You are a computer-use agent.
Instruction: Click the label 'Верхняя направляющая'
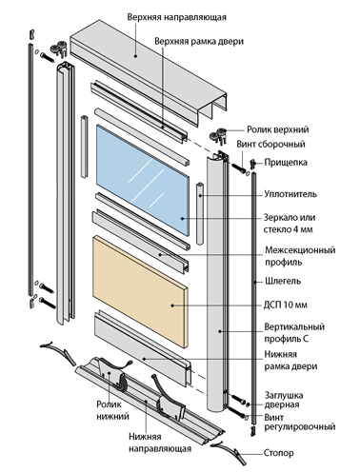(177, 17)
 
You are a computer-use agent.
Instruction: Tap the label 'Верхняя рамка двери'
(199, 42)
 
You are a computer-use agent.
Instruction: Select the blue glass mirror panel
(143, 180)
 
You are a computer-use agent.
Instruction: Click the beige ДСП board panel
(140, 292)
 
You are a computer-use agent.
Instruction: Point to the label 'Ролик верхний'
(278, 129)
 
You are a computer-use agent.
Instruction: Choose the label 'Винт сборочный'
(270, 144)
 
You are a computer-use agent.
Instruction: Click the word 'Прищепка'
(286, 163)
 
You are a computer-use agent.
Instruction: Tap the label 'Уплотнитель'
(290, 194)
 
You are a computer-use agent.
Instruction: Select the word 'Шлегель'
(283, 281)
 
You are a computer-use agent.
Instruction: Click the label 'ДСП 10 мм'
(286, 305)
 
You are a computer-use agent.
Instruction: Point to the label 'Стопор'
(279, 453)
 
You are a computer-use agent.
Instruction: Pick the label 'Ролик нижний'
(112, 410)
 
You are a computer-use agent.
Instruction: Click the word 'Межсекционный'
(300, 250)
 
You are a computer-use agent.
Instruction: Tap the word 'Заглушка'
(284, 395)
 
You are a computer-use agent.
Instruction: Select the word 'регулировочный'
(300, 426)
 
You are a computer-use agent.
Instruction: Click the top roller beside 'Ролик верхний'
(219, 135)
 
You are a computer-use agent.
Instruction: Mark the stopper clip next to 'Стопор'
(229, 453)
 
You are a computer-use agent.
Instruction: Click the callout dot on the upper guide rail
(135, 56)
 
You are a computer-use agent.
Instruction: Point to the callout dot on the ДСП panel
(172, 305)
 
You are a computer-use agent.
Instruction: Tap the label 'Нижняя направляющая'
(160, 443)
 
